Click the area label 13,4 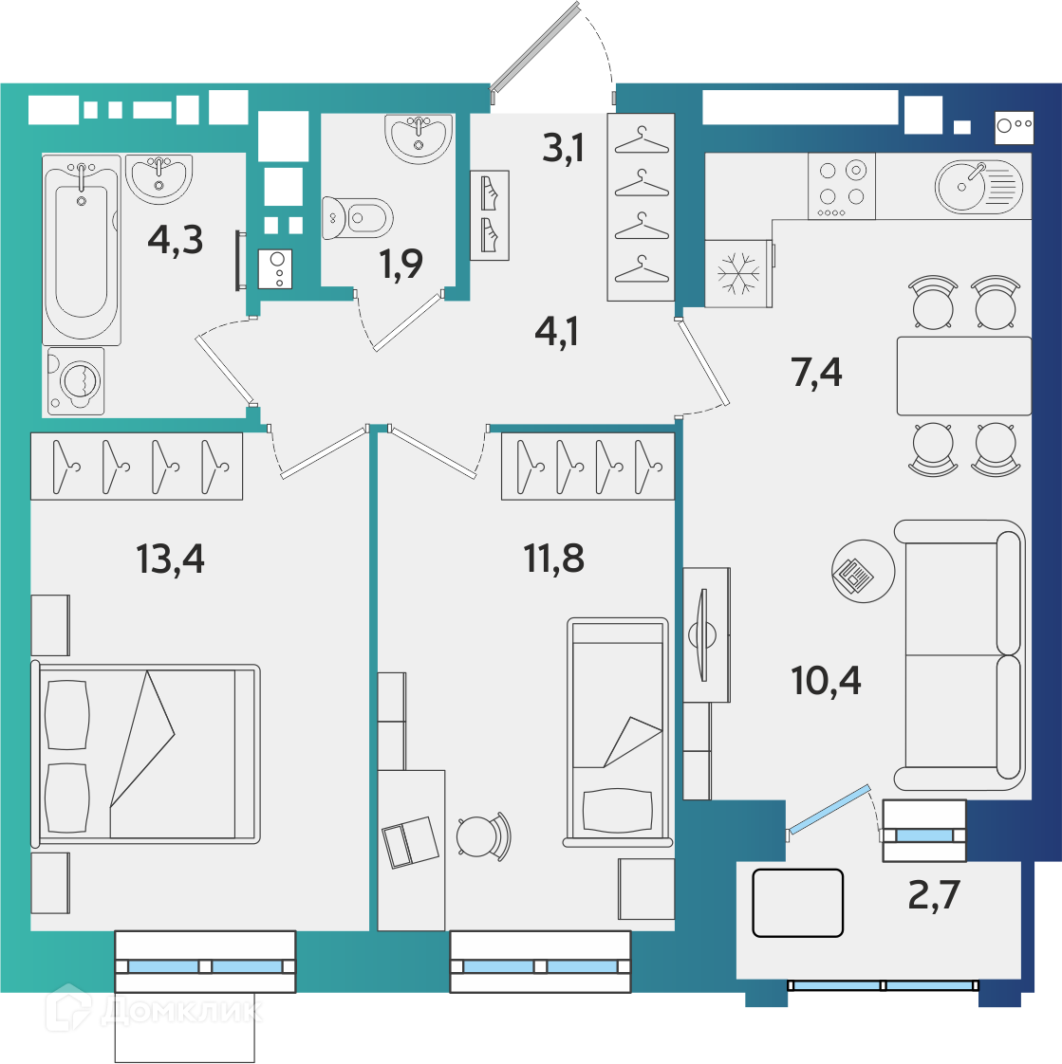(170, 560)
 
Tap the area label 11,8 (553, 559)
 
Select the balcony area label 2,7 (934, 894)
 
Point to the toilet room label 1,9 (401, 264)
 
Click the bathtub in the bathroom (82, 249)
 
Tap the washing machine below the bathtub (76, 380)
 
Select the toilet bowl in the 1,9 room (358, 218)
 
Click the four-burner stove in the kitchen (841, 186)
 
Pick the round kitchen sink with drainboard (978, 186)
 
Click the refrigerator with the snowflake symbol (738, 273)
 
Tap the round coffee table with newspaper (863, 572)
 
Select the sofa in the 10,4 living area (960, 655)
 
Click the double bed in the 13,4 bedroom (145, 753)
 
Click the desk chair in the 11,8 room (483, 836)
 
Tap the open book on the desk (410, 842)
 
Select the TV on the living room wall (703, 634)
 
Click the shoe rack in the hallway (490, 215)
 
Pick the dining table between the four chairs (963, 376)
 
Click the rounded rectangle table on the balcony (798, 903)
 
